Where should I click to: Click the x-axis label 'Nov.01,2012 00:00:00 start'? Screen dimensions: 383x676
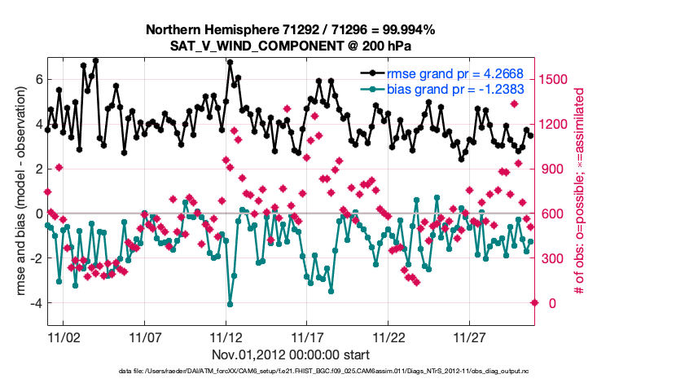coord(291,354)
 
